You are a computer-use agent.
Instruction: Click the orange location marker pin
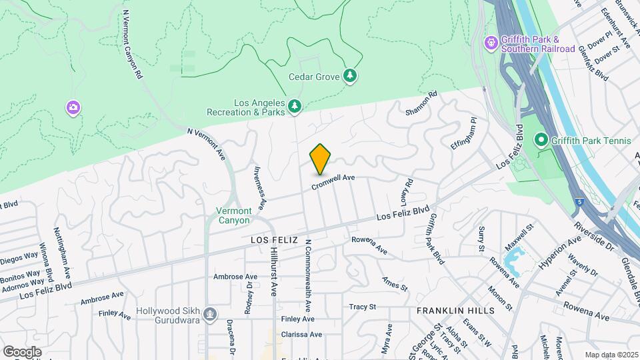(320, 159)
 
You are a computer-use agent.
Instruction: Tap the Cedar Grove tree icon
(350, 76)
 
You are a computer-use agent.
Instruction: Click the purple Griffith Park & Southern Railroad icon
(491, 43)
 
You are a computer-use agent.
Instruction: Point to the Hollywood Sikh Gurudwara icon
(210, 313)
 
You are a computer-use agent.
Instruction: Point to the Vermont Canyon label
(233, 215)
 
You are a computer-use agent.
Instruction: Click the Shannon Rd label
(421, 103)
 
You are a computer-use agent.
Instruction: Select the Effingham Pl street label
(465, 134)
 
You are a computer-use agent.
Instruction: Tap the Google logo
(22, 351)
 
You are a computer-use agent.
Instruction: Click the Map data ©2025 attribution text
(611, 355)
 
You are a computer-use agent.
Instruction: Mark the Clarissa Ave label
(301, 334)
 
